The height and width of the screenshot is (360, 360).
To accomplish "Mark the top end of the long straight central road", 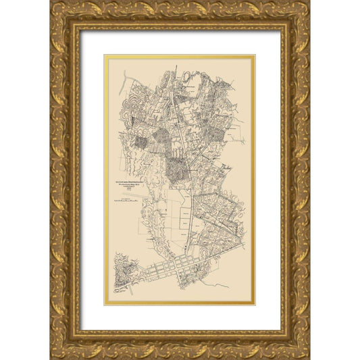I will pyautogui.click(x=177, y=68).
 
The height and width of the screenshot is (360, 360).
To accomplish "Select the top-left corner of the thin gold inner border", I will pyautogui.click(x=105, y=56).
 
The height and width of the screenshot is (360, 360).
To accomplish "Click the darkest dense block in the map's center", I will pyautogui.click(x=177, y=169).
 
